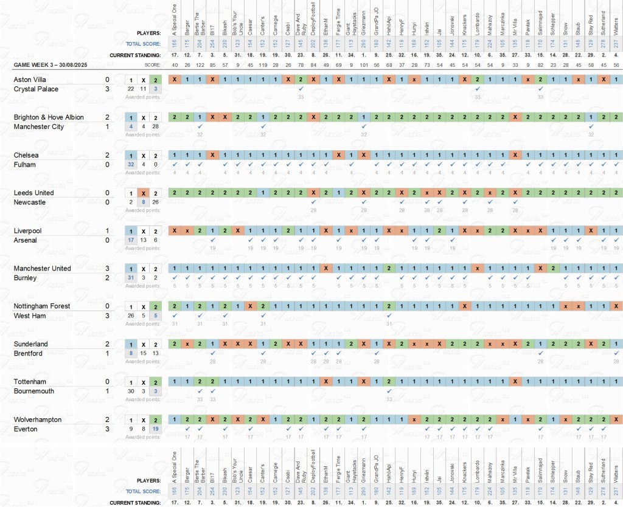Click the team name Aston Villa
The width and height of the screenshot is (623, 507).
point(30,80)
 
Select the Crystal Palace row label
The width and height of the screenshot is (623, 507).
point(36,89)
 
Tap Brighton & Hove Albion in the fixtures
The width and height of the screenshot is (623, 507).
point(49,117)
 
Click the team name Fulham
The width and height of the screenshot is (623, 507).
point(25,165)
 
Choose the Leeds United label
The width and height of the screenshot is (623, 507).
point(33,193)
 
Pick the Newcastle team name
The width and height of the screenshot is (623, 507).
point(29,202)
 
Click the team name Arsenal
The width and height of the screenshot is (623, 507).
point(25,240)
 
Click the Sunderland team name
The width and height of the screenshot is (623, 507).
point(30,344)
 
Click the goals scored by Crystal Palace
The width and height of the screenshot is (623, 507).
point(107,89)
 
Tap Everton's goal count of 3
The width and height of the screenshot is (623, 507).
point(107,429)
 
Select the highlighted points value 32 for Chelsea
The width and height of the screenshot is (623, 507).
point(131,165)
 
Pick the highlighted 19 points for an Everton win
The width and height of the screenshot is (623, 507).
point(156,429)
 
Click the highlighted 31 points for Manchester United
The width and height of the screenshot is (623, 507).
point(131,278)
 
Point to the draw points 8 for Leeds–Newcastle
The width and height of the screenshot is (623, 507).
point(144,202)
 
